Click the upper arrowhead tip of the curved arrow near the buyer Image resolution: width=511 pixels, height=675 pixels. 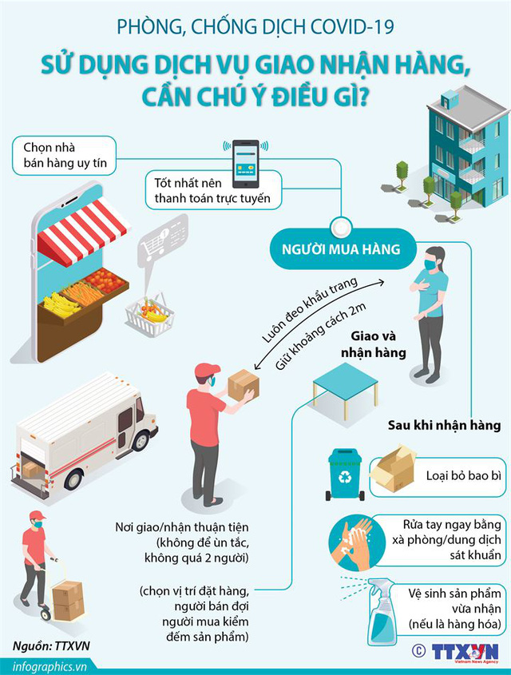[x=384, y=282]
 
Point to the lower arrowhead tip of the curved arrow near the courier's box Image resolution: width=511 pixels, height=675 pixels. [x=254, y=369]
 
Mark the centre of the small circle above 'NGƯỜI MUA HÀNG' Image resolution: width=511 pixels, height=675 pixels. [x=341, y=227]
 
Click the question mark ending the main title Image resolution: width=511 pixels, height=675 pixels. [x=363, y=97]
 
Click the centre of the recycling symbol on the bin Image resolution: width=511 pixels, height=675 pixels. [x=345, y=477]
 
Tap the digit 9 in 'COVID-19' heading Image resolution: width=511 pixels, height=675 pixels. [x=388, y=27]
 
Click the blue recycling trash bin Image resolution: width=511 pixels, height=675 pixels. [x=345, y=474]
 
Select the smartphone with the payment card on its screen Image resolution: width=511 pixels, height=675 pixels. [x=246, y=164]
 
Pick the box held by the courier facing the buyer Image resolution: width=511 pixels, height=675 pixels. [x=243, y=384]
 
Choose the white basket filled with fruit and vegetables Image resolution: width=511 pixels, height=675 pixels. [x=149, y=315]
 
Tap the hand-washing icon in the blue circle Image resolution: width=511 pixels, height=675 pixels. [x=351, y=542]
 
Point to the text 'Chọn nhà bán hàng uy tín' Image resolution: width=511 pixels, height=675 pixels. [x=65, y=155]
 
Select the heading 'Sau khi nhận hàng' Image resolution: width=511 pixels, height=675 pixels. [x=444, y=425]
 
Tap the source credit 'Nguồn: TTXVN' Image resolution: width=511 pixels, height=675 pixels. [x=51, y=645]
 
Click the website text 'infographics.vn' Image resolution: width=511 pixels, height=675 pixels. [x=50, y=666]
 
